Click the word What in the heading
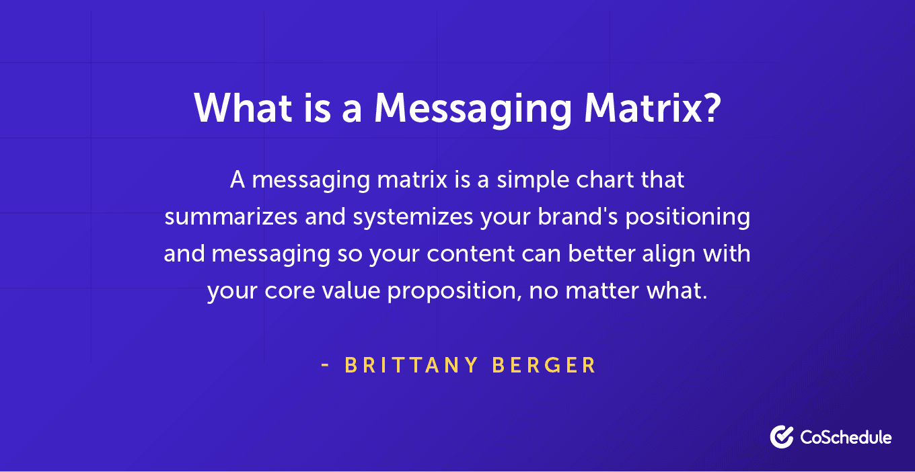pos(243,108)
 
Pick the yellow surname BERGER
pos(544,365)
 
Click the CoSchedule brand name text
pos(846,438)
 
